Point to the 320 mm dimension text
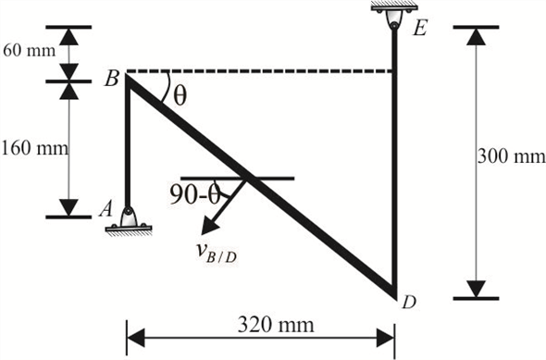(x=262, y=325)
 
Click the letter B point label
(x=110, y=80)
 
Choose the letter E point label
(x=419, y=29)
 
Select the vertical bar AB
(x=128, y=148)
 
